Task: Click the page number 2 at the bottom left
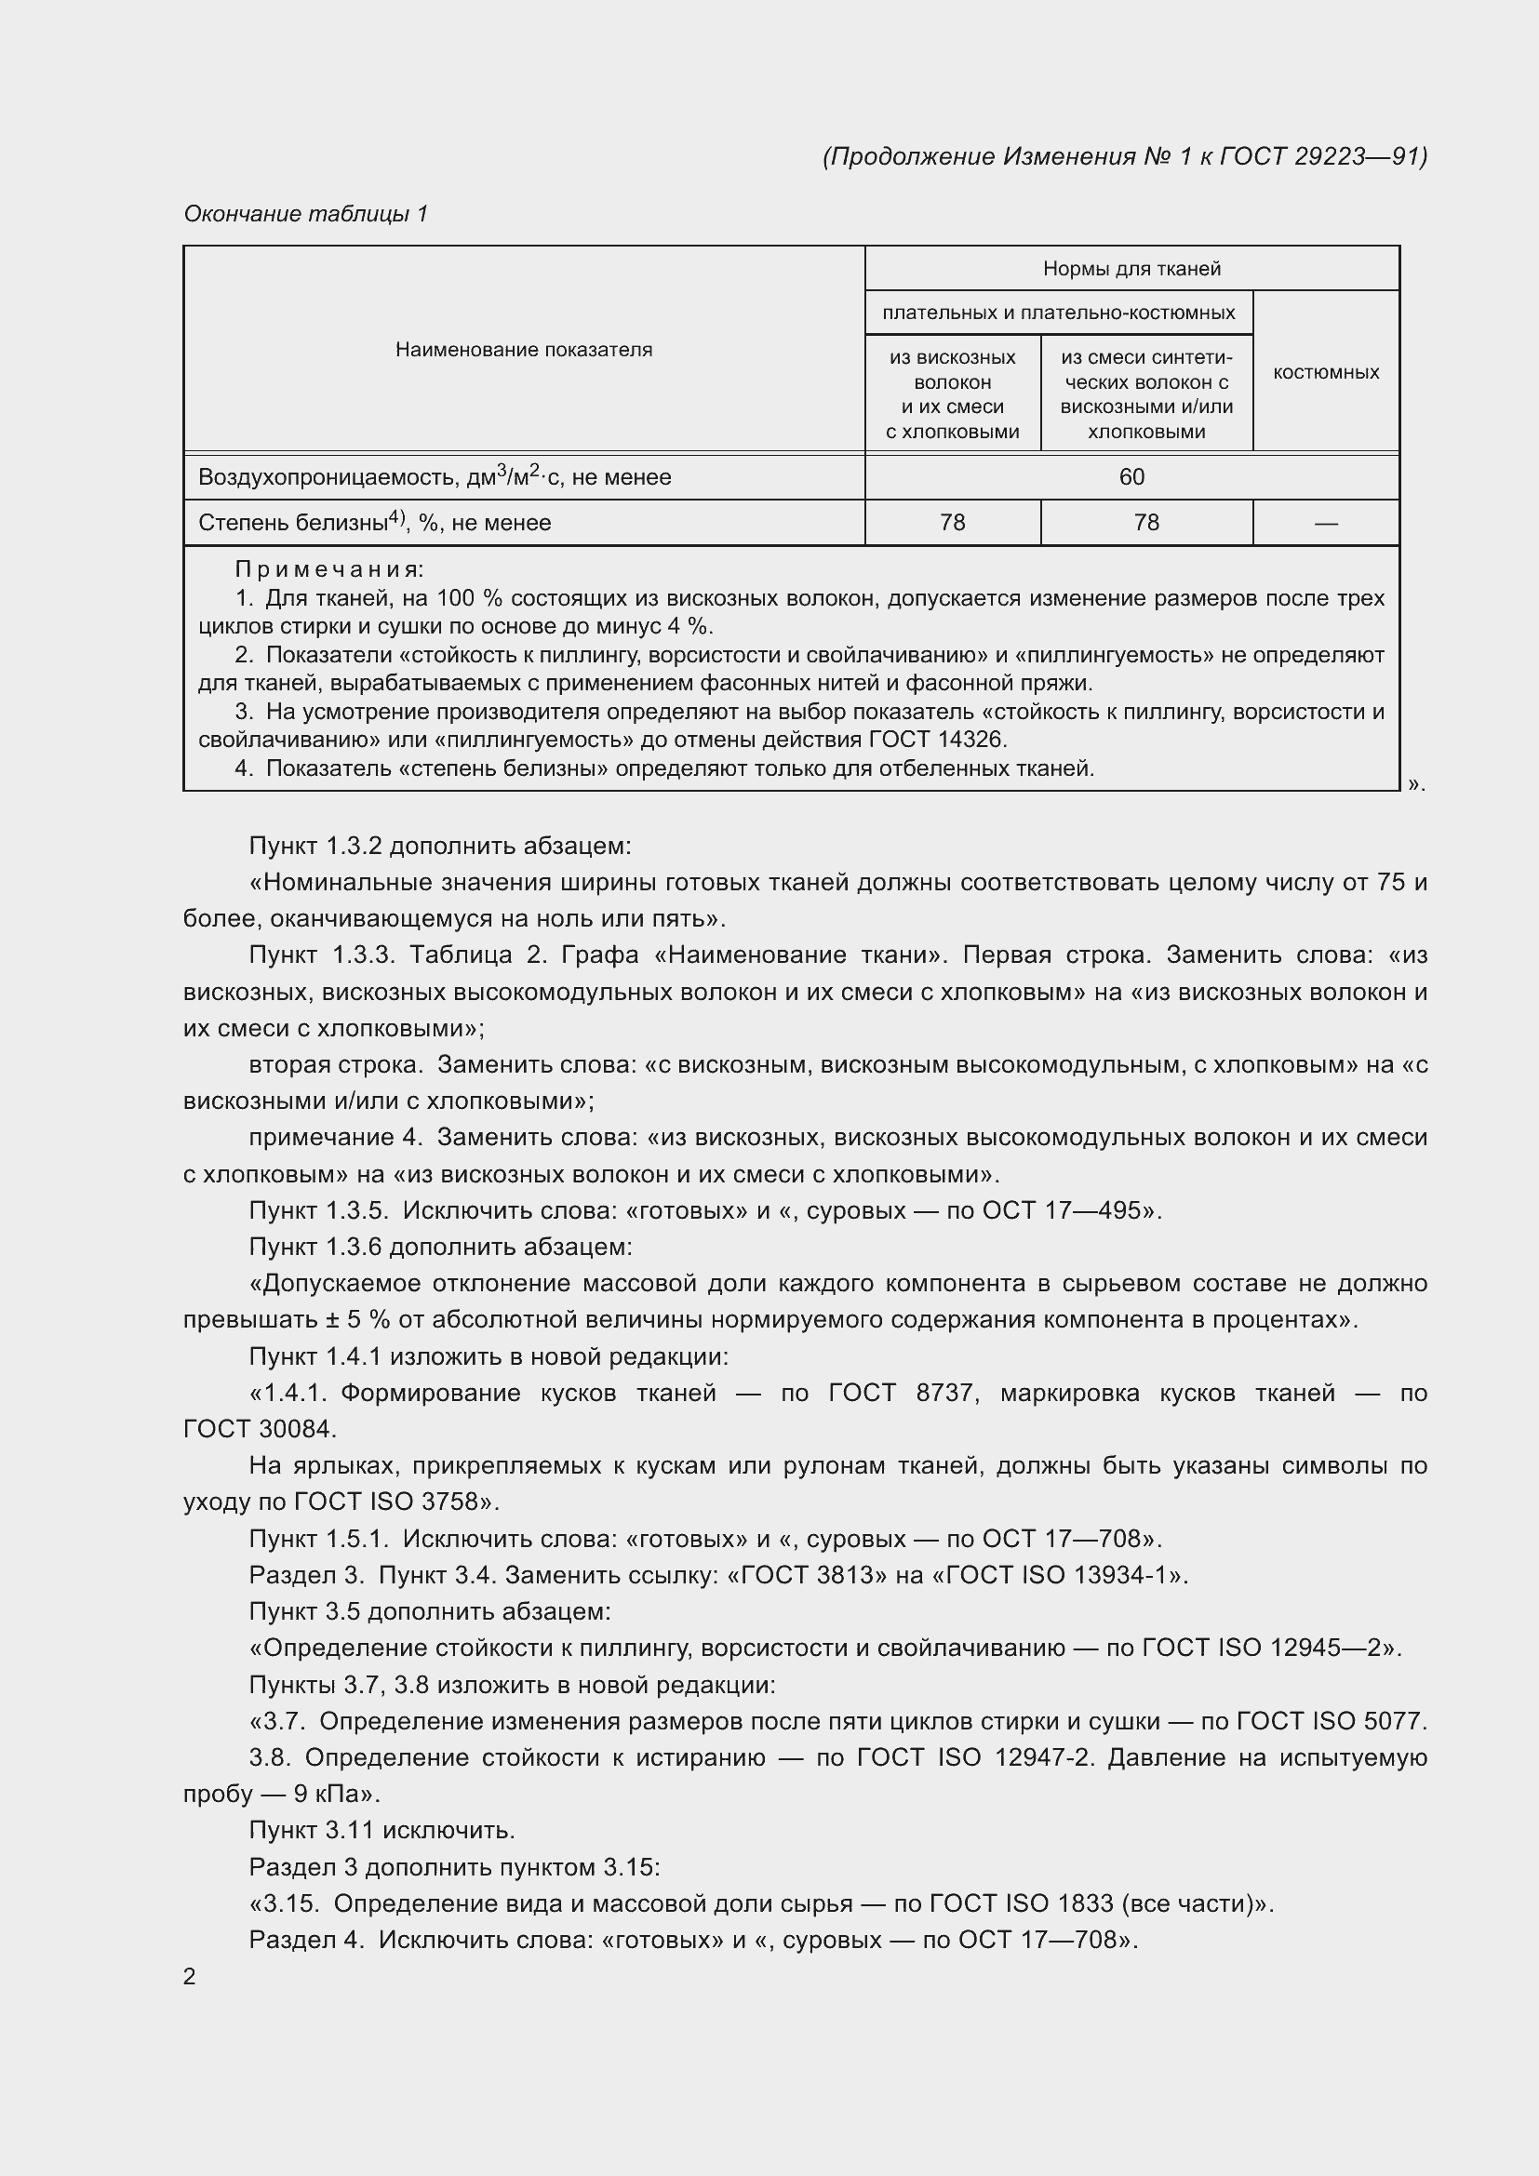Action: pyautogui.click(x=190, y=1976)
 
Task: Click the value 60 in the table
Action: pyautogui.click(x=1131, y=476)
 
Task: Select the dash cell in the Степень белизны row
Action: pyautogui.click(x=1326, y=523)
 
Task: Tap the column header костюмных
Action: pyautogui.click(x=1326, y=372)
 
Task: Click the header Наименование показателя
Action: pyautogui.click(x=523, y=350)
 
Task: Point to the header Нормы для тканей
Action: pyautogui.click(x=1131, y=268)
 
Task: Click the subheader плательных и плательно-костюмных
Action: pyautogui.click(x=1059, y=313)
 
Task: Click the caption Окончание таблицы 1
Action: pyautogui.click(x=305, y=214)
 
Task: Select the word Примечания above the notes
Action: pyautogui.click(x=328, y=569)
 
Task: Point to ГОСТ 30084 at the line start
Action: pyautogui.click(x=259, y=1429)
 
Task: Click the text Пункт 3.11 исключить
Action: pyautogui.click(x=381, y=1830)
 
